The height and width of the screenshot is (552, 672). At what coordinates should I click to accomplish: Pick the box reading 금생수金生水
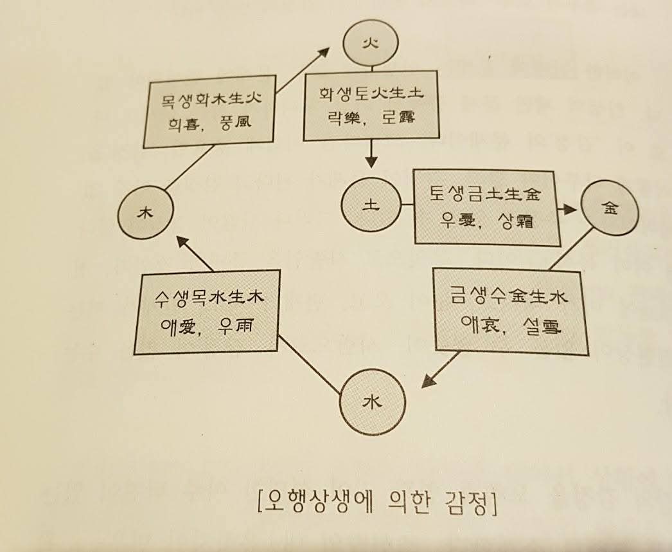pos(511,312)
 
